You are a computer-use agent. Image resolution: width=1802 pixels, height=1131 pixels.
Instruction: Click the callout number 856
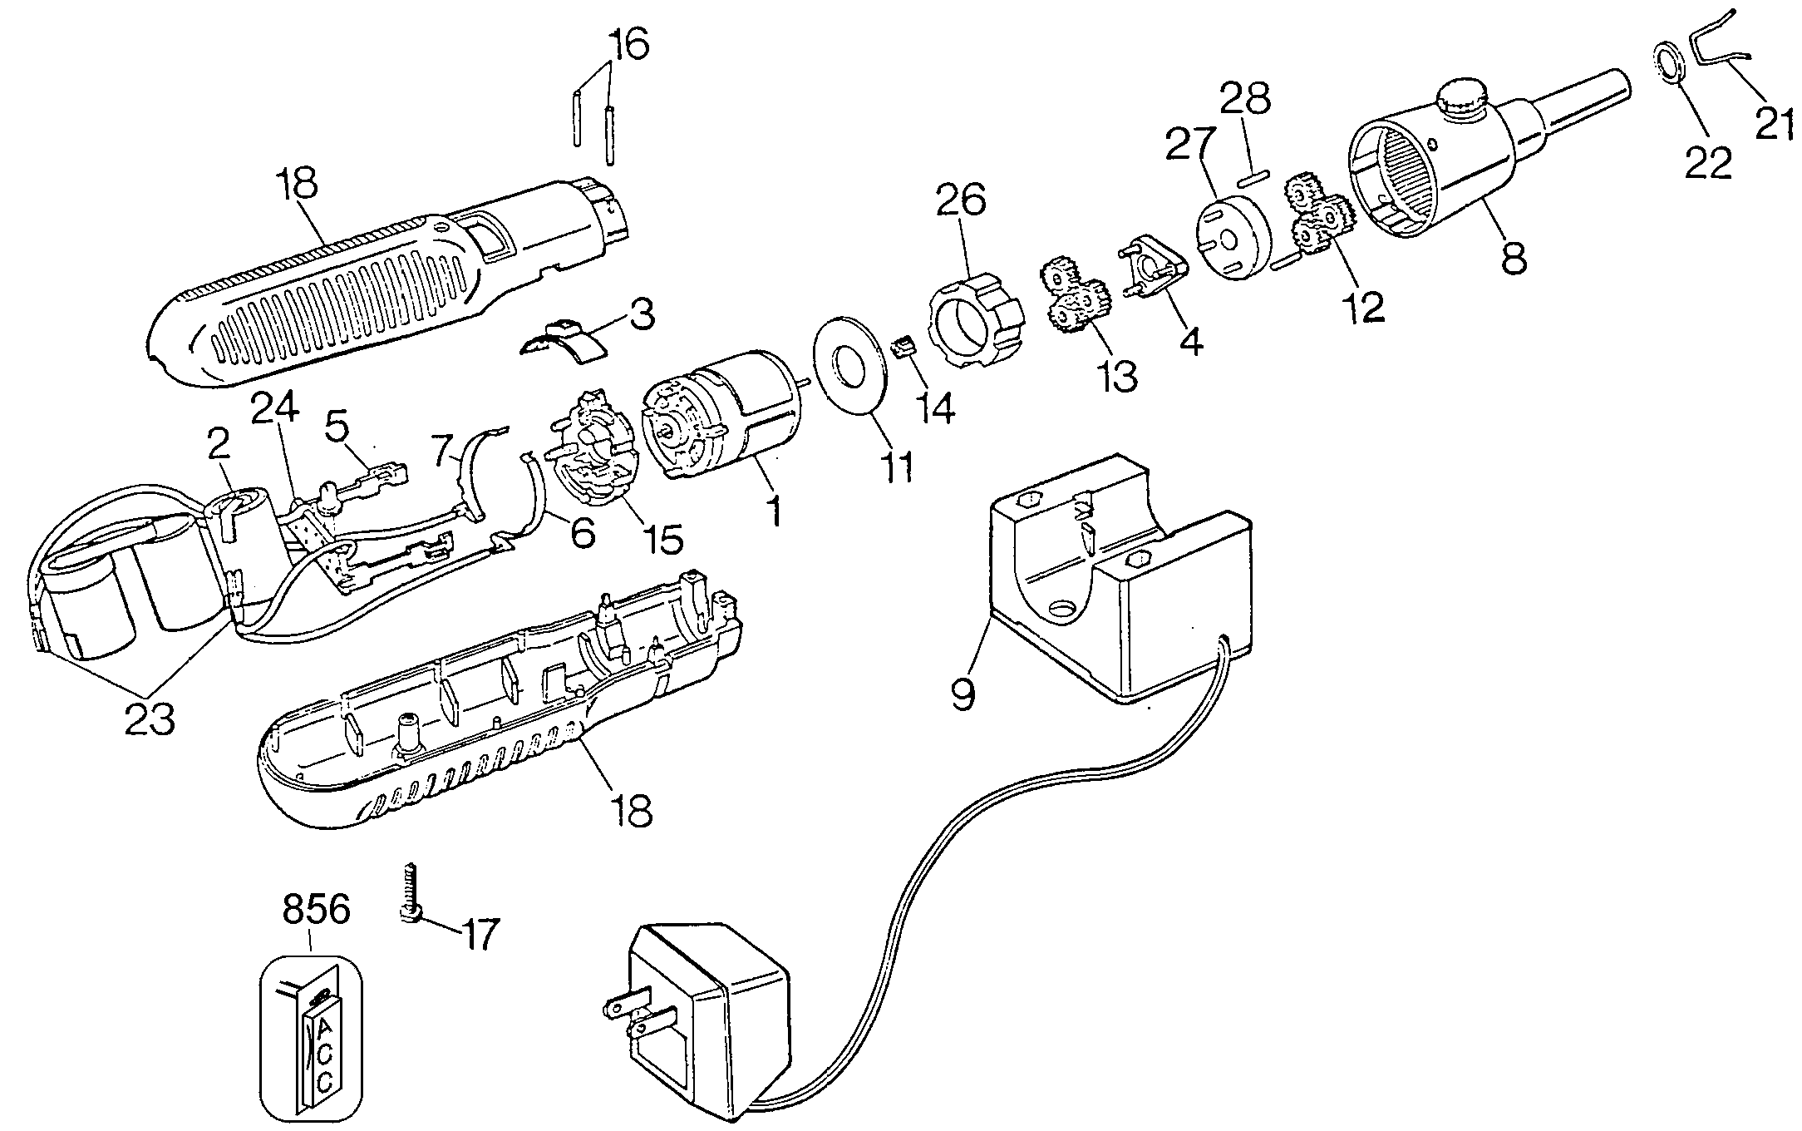316,910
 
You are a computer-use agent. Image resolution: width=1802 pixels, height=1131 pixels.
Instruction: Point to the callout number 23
150,718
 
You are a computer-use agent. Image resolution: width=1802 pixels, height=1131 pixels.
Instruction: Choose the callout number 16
628,43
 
